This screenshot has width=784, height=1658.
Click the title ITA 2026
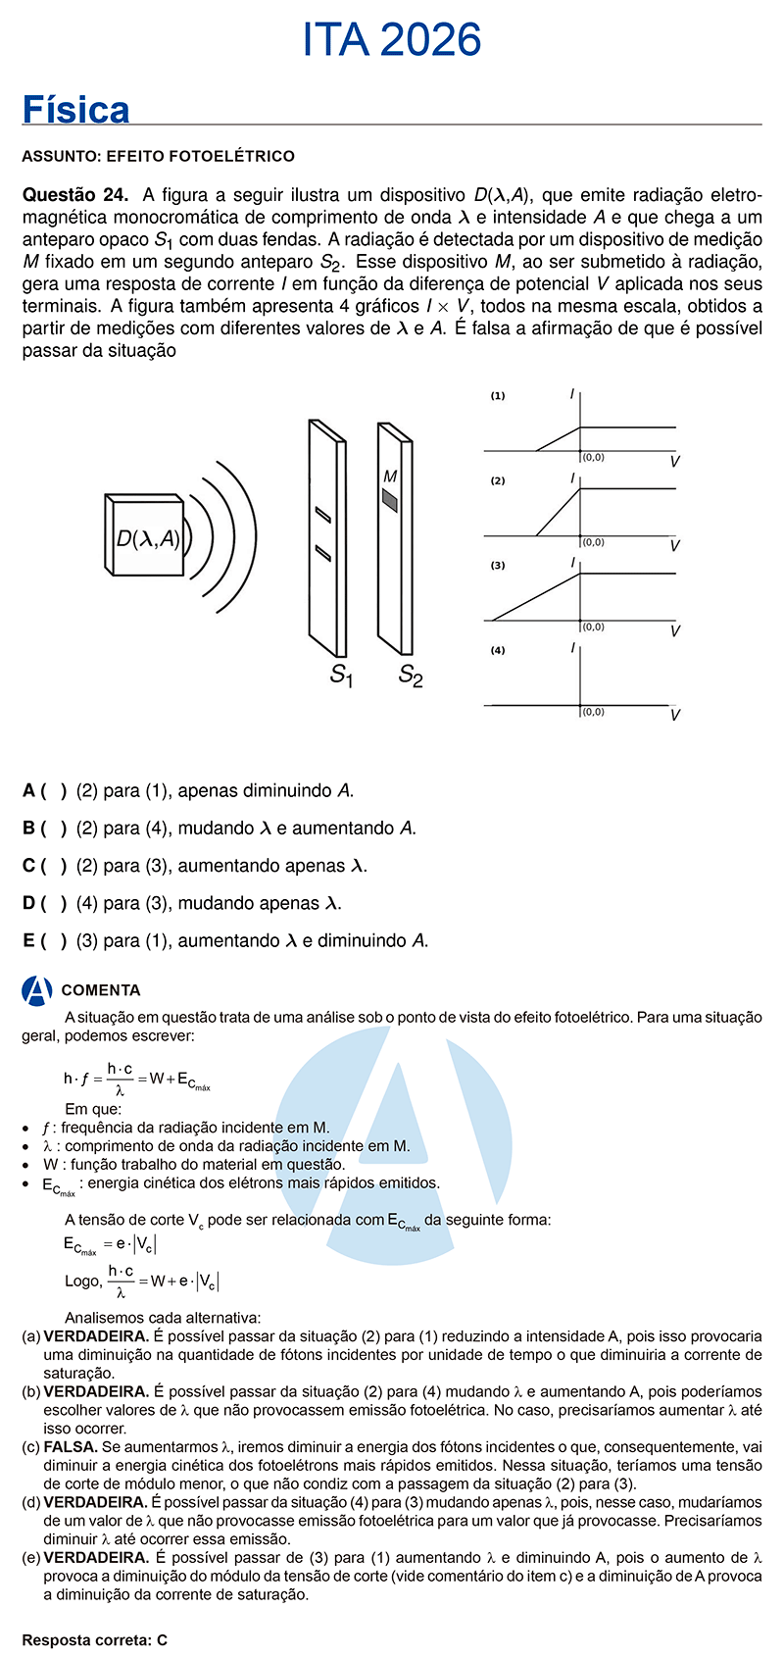392,40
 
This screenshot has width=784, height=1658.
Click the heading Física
76,110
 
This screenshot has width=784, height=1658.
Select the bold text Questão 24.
75,194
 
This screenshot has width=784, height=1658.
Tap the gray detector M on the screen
390,500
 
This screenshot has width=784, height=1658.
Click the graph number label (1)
498,396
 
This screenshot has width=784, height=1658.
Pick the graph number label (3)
498,566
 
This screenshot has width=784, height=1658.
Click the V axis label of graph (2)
674,546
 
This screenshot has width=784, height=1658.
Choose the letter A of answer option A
29,790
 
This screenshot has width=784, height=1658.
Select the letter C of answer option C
29,866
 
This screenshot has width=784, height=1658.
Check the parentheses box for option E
54,941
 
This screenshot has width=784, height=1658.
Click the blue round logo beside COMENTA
37,990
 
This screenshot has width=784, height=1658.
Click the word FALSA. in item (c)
71,1446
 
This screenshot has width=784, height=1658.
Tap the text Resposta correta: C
95,1639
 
